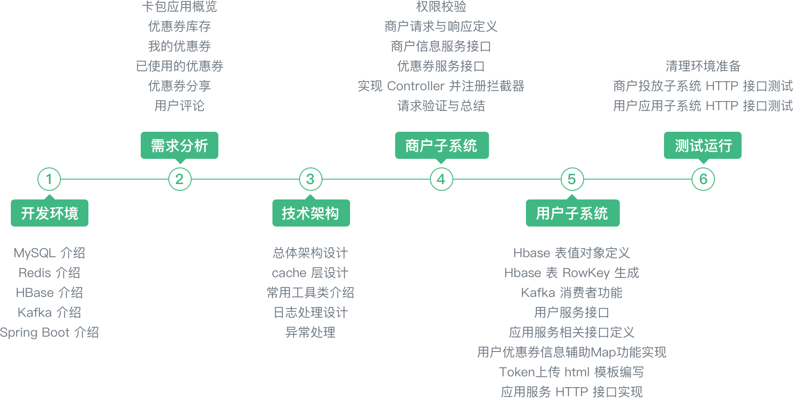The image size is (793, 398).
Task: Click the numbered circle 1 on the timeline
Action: [49, 179]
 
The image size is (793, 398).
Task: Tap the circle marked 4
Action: [441, 179]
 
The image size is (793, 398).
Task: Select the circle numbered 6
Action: [703, 179]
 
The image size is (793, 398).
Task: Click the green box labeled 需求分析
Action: [180, 145]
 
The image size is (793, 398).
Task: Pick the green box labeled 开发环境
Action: [50, 213]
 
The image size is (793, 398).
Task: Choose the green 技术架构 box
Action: [311, 213]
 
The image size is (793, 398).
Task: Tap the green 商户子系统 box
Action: [442, 145]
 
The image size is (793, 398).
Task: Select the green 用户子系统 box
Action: [572, 213]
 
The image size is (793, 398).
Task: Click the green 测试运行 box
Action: [703, 145]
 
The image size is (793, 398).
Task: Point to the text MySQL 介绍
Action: [50, 253]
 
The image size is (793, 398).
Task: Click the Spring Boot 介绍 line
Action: [50, 333]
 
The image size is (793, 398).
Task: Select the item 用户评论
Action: [180, 106]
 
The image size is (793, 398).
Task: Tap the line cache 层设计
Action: [310, 273]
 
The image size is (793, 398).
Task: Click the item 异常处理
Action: [310, 333]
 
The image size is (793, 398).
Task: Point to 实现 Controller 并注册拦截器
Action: [441, 86]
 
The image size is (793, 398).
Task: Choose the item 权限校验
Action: [441, 7]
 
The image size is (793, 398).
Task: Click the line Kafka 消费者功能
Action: [572, 293]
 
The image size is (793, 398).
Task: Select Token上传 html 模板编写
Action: [572, 372]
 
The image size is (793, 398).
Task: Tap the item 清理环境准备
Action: [703, 66]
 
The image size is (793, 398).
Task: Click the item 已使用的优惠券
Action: [180, 66]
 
